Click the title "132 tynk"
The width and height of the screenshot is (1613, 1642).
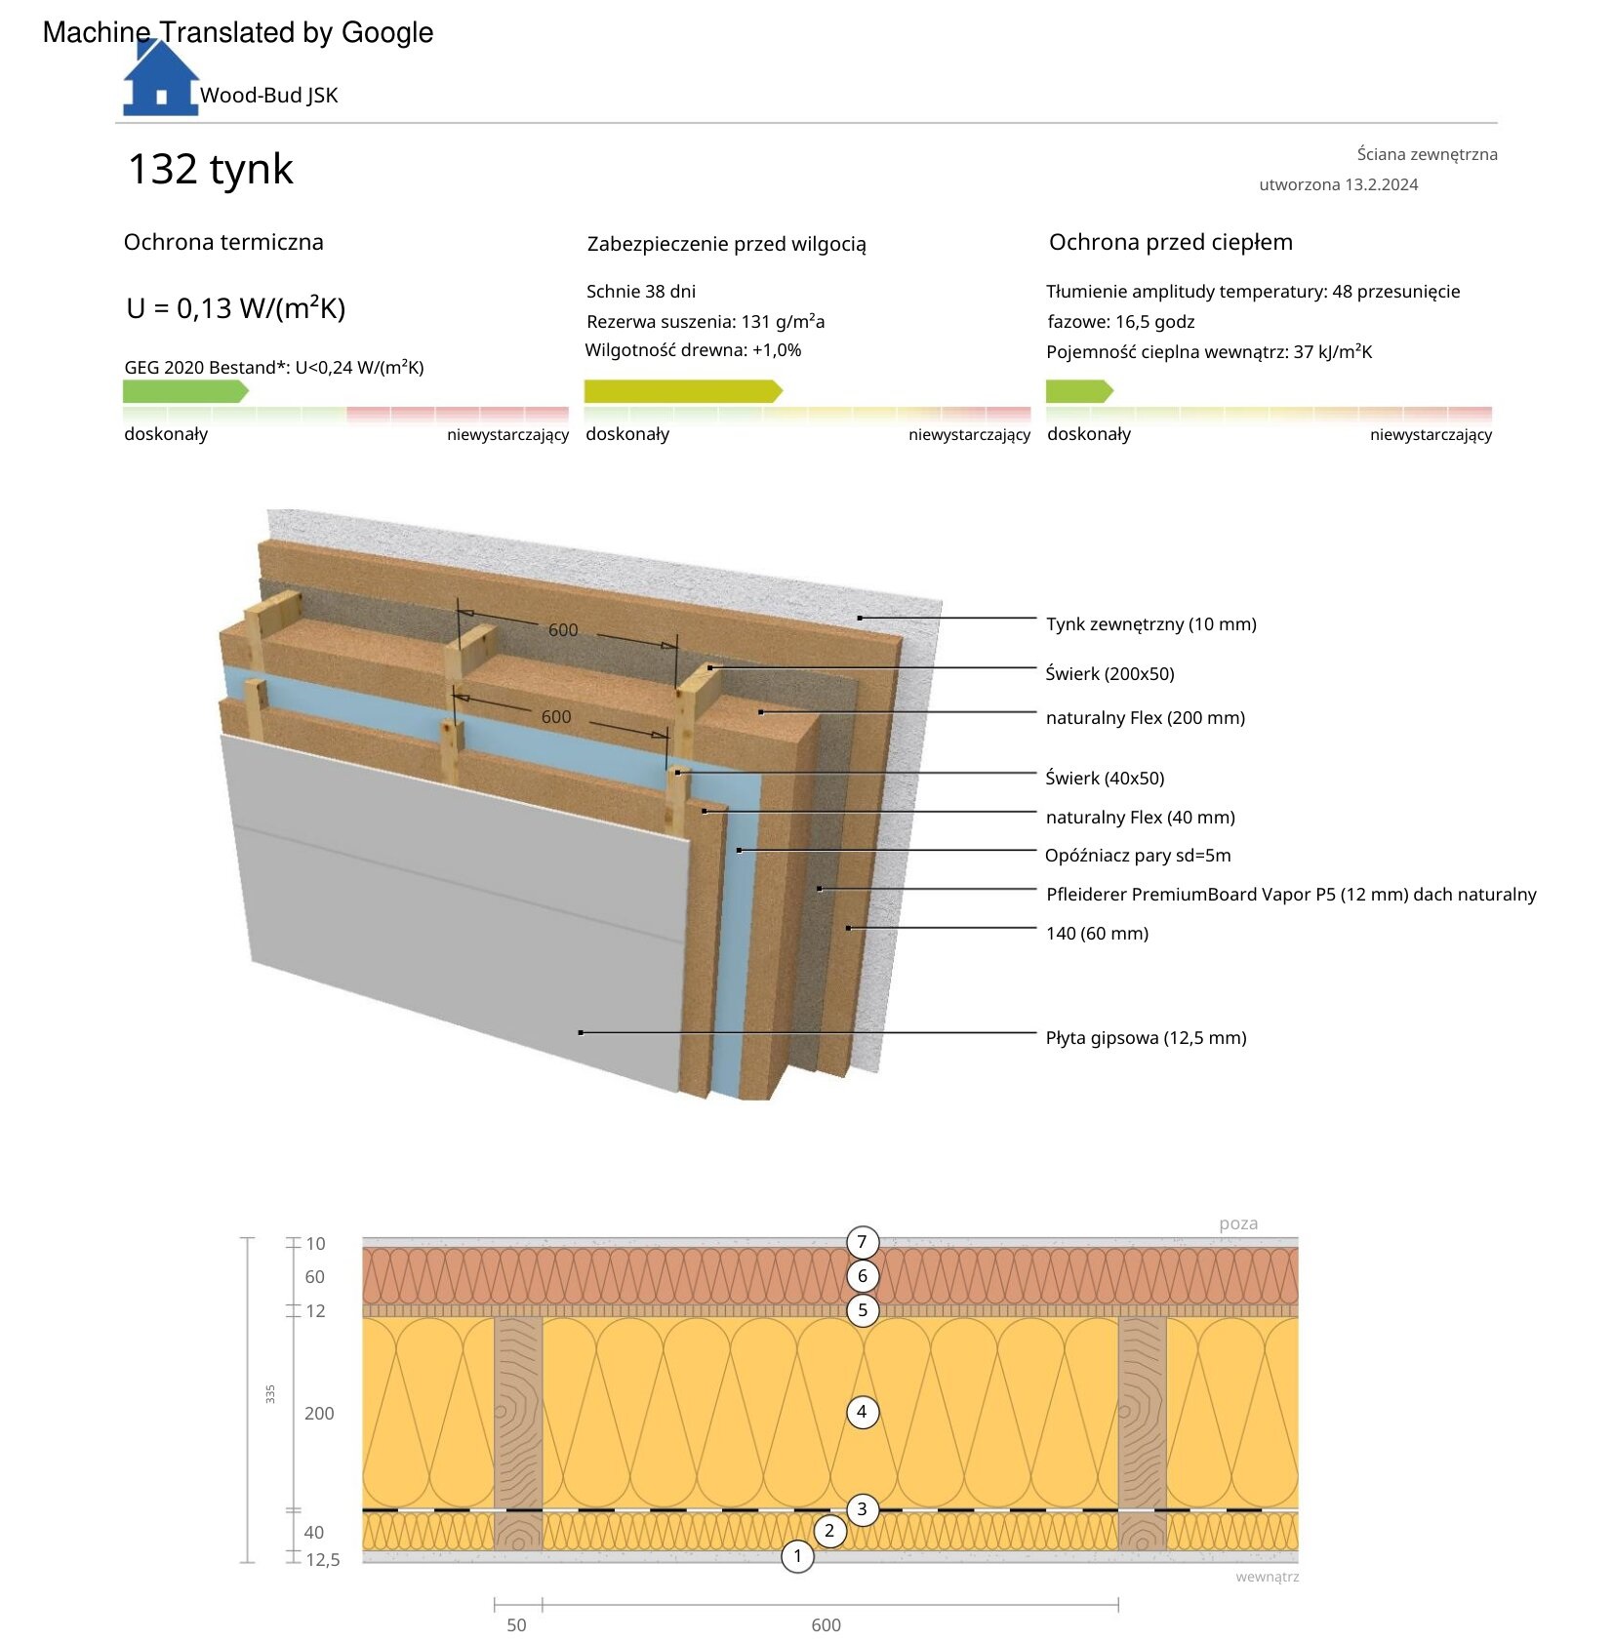pos(210,169)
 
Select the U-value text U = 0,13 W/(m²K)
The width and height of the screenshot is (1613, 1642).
pos(236,308)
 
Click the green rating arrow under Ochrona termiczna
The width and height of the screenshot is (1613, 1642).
pos(185,391)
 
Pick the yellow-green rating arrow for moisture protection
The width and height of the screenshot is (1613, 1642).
pos(683,391)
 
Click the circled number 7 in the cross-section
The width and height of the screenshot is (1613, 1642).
pos(862,1242)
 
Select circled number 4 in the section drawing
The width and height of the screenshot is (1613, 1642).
pos(862,1412)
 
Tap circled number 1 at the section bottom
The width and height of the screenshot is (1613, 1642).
pos(797,1556)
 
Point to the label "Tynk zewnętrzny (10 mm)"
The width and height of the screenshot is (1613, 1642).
pos(1151,623)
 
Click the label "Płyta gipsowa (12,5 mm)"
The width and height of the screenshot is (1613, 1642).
pos(1147,1037)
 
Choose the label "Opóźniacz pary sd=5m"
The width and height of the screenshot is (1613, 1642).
pos(1138,856)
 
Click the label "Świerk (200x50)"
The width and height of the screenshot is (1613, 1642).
pos(1109,673)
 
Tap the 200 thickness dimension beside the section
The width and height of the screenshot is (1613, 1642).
pos(319,1413)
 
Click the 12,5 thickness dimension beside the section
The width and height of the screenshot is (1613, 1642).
pos(323,1559)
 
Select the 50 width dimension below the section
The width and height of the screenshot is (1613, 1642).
pos(516,1624)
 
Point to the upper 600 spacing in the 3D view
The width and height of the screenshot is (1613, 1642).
pos(563,630)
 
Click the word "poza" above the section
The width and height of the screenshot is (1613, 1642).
pos(1238,1223)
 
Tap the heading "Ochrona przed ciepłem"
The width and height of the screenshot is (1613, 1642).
pos(1171,242)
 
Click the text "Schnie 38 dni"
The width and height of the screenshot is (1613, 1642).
pos(641,291)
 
